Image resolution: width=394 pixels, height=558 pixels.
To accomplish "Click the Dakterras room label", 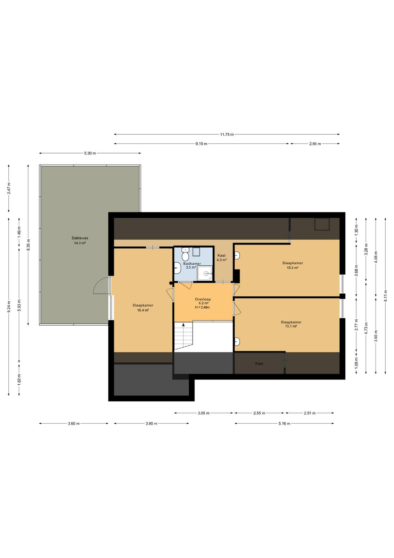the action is [x=80, y=238].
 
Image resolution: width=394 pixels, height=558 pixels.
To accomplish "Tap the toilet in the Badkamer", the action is [x=185, y=254].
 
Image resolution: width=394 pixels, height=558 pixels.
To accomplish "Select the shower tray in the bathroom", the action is [x=205, y=273].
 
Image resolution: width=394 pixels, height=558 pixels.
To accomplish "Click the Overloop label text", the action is [x=203, y=299].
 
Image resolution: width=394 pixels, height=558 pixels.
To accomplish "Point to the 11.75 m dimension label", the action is [x=227, y=135].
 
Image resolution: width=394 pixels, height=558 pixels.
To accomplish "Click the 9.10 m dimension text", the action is [x=201, y=144].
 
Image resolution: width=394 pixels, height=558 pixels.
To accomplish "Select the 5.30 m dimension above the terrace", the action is [x=90, y=153].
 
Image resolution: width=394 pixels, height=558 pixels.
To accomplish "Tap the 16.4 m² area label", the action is [x=143, y=310].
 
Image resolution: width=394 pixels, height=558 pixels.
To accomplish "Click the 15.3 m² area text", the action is [x=292, y=268].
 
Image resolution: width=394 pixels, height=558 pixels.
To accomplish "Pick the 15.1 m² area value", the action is [x=291, y=326].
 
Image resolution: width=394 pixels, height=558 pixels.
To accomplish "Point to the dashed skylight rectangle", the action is [x=322, y=224].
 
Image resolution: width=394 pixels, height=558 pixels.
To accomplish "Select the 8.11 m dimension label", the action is [x=385, y=296].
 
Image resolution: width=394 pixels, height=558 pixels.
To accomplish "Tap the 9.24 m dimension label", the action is [x=9, y=307].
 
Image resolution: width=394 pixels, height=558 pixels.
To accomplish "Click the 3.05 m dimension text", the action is [x=203, y=413].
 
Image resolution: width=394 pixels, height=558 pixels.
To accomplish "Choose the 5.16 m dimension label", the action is [x=284, y=423].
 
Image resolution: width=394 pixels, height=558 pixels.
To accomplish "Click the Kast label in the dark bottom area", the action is [x=259, y=363].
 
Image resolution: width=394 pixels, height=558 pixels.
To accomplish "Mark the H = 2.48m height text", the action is [x=202, y=307].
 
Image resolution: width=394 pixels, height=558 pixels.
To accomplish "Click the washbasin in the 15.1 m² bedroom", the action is [x=237, y=341].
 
